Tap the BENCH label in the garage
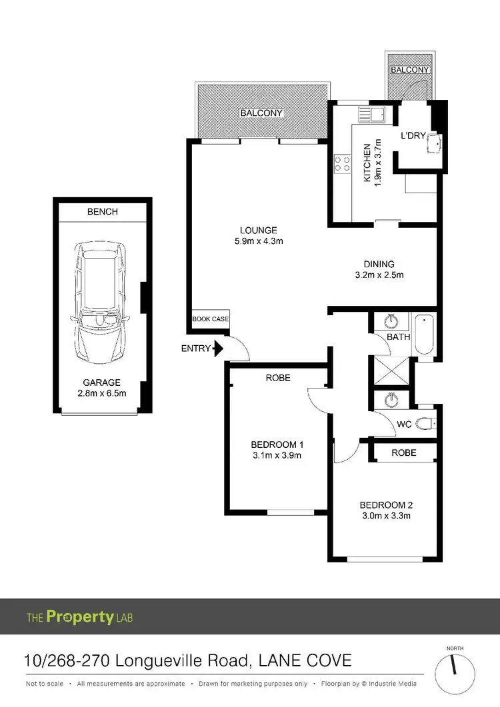(102, 212)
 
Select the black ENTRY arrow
(217, 348)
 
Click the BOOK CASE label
(211, 319)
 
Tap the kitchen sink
(372, 114)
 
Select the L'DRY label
(413, 135)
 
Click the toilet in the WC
(425, 422)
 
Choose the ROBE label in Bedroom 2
(404, 452)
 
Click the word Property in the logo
(79, 617)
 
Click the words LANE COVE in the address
(305, 661)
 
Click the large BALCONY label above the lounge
(262, 113)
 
